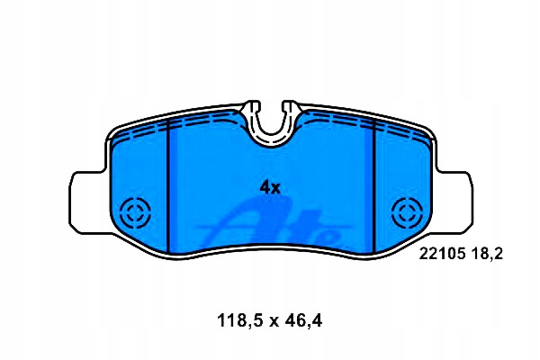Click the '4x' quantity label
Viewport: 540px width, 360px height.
tap(270, 187)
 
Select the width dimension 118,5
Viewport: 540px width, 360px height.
tap(239, 321)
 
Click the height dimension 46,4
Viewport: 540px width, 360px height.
tap(303, 321)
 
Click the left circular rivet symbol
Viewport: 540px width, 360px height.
tap(136, 213)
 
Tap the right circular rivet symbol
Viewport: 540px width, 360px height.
tap(407, 213)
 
